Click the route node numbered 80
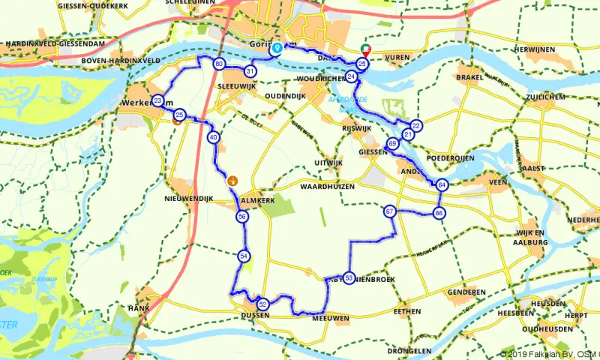(x=218, y=64)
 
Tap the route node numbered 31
(x=250, y=71)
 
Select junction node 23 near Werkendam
(x=157, y=100)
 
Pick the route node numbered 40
(x=214, y=137)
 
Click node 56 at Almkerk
(x=241, y=216)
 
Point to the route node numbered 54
(x=244, y=256)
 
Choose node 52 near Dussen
(x=262, y=304)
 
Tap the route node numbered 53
(x=349, y=277)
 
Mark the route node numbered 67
(x=389, y=211)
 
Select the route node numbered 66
(x=439, y=213)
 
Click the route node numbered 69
(x=393, y=143)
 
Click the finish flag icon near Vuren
(x=366, y=49)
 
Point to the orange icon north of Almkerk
(x=232, y=180)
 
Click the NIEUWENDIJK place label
(x=189, y=198)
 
